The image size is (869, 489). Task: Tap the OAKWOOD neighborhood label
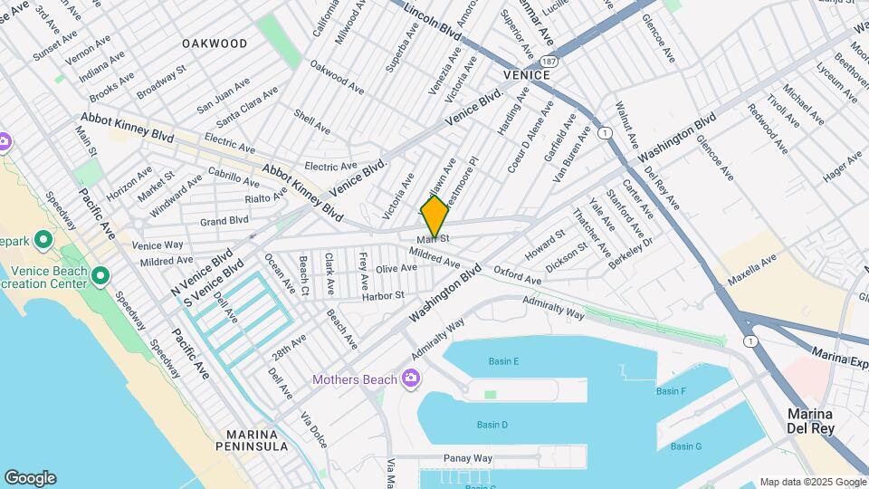(x=215, y=43)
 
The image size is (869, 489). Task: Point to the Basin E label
(x=503, y=361)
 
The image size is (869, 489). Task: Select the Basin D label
(x=492, y=425)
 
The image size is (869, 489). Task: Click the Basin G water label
(x=686, y=446)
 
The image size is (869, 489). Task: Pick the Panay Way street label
(x=468, y=458)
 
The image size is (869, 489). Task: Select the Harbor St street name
(x=382, y=295)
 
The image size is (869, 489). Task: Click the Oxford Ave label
(x=517, y=276)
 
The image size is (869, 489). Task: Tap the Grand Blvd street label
(x=224, y=220)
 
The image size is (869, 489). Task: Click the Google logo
(x=30, y=478)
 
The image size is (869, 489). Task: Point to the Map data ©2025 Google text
(x=812, y=482)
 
